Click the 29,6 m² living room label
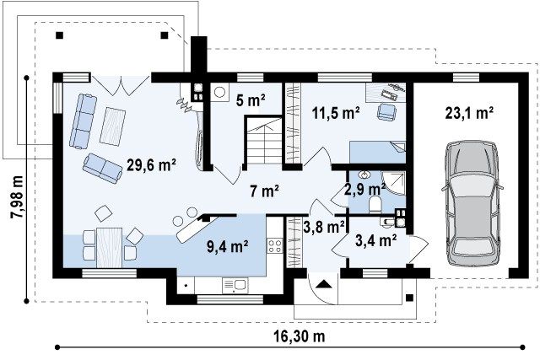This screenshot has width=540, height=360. [152, 165]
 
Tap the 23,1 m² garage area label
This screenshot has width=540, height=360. [469, 113]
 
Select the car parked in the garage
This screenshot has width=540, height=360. [472, 204]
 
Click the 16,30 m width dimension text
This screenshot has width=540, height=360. [300, 336]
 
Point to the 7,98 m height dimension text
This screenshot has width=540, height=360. [17, 197]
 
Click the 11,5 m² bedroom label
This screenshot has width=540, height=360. [336, 113]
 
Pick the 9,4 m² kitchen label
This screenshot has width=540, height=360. [228, 246]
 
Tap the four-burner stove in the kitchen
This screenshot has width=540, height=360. [275, 245]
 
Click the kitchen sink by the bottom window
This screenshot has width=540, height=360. [235, 285]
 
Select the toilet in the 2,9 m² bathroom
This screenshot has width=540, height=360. [375, 204]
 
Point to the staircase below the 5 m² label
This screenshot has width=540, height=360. [263, 141]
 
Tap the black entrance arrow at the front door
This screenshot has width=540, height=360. [323, 284]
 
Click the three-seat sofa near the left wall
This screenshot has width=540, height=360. [83, 121]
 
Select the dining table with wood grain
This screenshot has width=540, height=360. [109, 248]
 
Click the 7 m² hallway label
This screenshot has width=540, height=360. [264, 191]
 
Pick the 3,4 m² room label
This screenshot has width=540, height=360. [375, 240]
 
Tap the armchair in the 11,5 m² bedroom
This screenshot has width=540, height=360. [386, 112]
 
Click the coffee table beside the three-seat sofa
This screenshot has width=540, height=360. [112, 126]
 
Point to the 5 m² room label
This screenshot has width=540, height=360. [251, 100]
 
